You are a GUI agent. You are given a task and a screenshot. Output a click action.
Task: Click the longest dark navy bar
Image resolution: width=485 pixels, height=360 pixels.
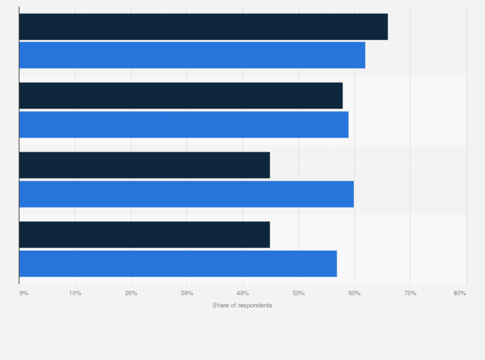point(203,26)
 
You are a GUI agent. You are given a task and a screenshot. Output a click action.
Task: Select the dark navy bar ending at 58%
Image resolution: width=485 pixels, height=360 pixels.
point(181,95)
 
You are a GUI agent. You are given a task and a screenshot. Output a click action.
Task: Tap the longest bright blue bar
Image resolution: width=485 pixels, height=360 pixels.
point(192,55)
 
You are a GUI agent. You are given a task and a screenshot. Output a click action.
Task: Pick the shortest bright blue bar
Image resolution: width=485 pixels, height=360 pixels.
point(178,264)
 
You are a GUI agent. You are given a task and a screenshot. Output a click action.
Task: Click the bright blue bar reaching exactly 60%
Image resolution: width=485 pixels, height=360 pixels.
point(187,194)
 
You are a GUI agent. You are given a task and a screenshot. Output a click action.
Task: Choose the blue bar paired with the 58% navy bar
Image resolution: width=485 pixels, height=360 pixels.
point(184,124)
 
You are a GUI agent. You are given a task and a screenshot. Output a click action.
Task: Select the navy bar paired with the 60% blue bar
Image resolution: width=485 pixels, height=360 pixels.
point(145,165)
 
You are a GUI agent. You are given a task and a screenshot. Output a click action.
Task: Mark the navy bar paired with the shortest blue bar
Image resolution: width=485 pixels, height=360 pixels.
point(145,235)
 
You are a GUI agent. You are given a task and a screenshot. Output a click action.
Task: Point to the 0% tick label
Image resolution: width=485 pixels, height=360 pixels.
point(24,293)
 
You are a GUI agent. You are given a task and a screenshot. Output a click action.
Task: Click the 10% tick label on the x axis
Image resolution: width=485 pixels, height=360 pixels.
point(75,293)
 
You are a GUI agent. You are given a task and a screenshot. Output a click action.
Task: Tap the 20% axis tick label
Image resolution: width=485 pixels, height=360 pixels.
point(131,293)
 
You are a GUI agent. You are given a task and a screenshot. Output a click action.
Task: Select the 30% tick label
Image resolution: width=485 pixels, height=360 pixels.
point(187,293)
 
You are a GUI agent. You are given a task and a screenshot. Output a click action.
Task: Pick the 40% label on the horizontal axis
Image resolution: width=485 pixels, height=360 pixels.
point(243,293)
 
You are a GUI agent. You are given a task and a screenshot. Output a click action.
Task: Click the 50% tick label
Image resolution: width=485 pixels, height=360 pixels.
point(298,293)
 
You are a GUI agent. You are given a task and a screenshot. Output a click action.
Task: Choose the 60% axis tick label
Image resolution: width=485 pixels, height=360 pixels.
point(354,293)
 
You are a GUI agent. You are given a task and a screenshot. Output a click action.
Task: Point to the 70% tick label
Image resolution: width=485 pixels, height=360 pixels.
point(410,293)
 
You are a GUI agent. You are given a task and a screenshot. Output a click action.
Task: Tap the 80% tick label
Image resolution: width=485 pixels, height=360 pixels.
point(459,293)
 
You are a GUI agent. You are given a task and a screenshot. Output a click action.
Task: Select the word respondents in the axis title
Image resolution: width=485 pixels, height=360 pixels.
point(254,305)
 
